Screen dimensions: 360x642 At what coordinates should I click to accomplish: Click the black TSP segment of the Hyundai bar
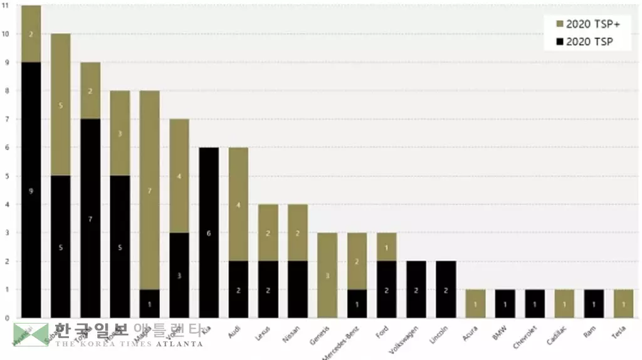point(31,189)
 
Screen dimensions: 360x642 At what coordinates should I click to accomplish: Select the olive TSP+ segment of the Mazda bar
point(149,189)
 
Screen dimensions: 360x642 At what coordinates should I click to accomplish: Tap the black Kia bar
point(209,232)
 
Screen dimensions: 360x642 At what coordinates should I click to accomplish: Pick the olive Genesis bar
point(327,275)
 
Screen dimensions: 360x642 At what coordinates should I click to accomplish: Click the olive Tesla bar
point(624,303)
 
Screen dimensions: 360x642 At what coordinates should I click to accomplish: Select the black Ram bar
point(594,303)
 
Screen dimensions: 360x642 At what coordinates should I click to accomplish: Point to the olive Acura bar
point(475,303)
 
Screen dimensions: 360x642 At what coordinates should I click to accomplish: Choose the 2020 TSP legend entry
point(582,42)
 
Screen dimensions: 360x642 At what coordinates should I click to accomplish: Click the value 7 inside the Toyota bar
point(90,218)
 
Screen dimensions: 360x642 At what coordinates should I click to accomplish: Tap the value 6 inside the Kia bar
point(209,233)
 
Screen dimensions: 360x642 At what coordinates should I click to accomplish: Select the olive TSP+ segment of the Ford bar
point(386,246)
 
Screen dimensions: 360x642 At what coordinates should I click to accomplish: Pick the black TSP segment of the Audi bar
point(238,289)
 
